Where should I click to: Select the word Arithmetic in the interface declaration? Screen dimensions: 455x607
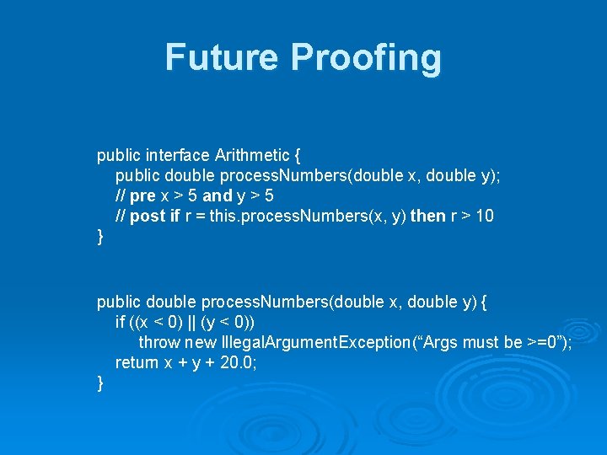(x=250, y=155)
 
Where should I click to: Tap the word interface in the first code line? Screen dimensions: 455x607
(x=178, y=155)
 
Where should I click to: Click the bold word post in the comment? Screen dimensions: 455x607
(x=149, y=216)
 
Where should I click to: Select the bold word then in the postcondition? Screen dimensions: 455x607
(x=427, y=216)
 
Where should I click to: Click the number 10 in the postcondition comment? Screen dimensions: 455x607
(x=484, y=216)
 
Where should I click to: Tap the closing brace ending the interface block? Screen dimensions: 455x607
(x=100, y=237)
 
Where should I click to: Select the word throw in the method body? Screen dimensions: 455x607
(x=159, y=342)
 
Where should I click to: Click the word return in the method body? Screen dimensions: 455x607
(x=137, y=362)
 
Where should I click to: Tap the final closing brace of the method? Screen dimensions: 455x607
(x=100, y=383)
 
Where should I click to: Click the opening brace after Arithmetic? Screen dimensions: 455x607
(x=296, y=155)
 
